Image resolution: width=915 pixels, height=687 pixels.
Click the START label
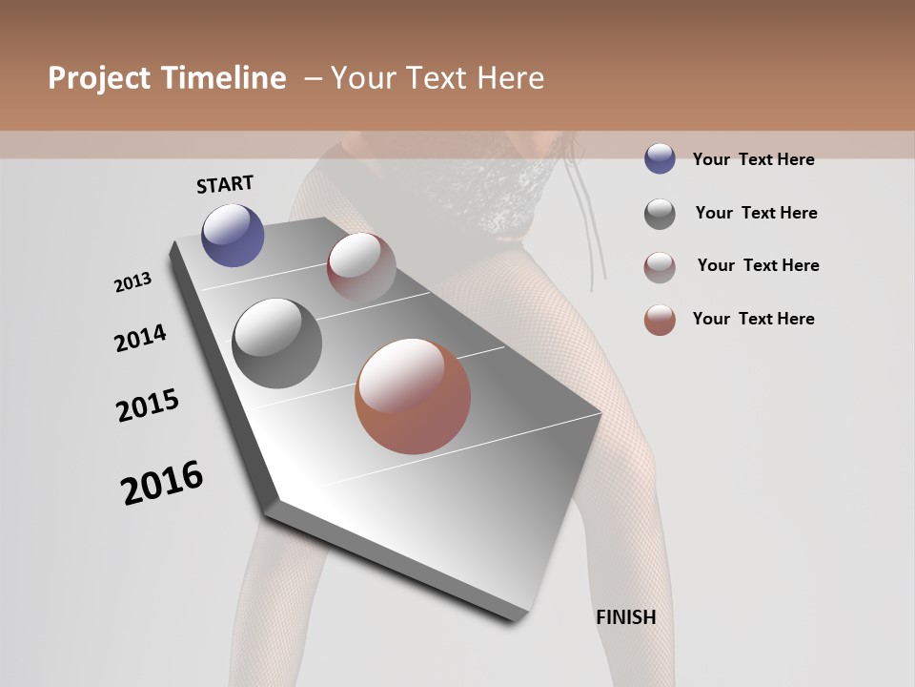(x=225, y=184)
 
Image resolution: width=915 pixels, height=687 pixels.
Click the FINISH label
(x=625, y=617)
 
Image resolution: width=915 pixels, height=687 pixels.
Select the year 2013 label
(x=133, y=281)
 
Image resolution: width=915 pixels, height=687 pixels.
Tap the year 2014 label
(x=140, y=338)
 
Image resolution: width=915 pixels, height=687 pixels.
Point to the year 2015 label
(x=148, y=406)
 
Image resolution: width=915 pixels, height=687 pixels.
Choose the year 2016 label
(x=162, y=482)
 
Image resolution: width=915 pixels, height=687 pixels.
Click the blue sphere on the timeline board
(x=233, y=235)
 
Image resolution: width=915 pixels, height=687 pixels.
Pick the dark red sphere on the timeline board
(x=361, y=266)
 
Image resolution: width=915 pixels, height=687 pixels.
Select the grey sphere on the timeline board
(x=276, y=343)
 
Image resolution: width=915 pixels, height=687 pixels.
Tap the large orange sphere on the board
(x=413, y=396)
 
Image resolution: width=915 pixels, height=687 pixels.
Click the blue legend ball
(x=660, y=159)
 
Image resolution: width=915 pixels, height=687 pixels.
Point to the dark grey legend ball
(x=660, y=214)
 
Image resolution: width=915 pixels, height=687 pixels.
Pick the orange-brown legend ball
(x=660, y=320)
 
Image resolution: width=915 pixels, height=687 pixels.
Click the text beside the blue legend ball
(x=753, y=159)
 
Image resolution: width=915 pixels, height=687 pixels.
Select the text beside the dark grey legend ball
(x=756, y=213)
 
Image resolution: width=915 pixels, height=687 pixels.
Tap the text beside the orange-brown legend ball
(x=753, y=319)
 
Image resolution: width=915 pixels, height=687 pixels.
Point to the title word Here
(x=510, y=78)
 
